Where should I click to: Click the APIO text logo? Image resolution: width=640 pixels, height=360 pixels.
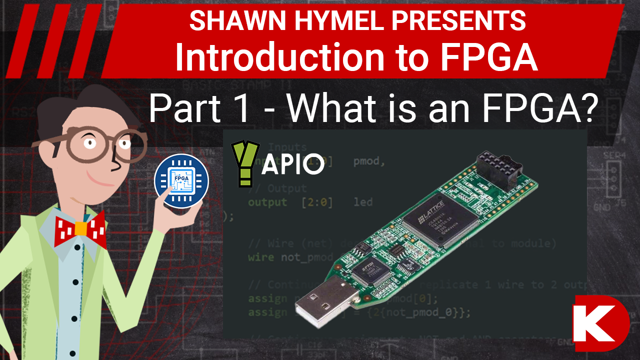(x=293, y=165)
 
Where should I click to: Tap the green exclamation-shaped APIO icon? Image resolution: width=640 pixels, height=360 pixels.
(x=245, y=164)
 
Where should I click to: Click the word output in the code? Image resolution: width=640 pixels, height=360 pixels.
(x=267, y=202)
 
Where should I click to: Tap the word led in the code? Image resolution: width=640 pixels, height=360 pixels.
(x=363, y=202)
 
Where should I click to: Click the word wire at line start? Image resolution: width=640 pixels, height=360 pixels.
(x=260, y=257)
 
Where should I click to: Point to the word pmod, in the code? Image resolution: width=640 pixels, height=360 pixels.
(x=369, y=161)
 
